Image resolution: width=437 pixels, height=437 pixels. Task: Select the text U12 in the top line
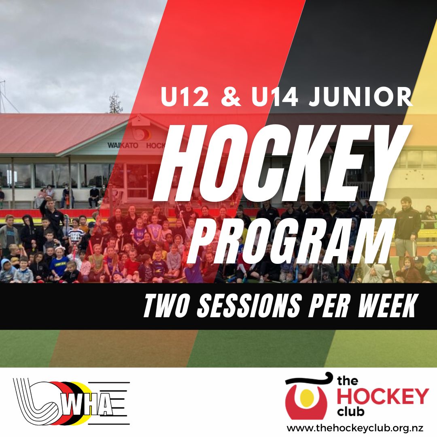tap(185, 97)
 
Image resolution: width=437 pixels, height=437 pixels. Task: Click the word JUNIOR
tap(361, 97)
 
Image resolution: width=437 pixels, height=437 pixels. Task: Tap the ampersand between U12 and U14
tap(231, 97)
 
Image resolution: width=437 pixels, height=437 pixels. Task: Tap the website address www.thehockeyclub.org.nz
tap(355, 428)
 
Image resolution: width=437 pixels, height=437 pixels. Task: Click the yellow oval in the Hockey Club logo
tap(306, 397)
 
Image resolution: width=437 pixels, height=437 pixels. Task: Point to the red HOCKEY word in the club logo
tap(383, 396)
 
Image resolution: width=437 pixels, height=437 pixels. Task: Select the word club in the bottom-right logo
tap(350, 412)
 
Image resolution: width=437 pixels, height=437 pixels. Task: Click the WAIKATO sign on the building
tap(123, 146)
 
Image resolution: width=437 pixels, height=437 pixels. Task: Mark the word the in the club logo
tap(347, 381)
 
